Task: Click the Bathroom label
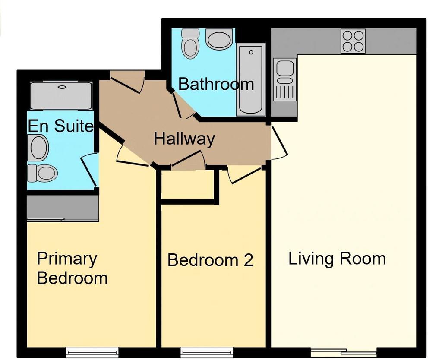216,84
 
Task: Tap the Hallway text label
184,139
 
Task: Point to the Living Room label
337,259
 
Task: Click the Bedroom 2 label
210,260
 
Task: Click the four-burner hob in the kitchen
353,41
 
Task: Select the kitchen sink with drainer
285,79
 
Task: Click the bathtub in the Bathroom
250,80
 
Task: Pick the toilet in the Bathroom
190,44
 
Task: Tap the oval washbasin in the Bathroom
219,39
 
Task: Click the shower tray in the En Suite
61,95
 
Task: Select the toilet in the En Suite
42,173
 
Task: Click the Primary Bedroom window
92,352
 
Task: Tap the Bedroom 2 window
207,352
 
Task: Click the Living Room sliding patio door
344,352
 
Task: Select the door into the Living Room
279,141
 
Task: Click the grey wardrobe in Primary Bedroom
63,208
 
